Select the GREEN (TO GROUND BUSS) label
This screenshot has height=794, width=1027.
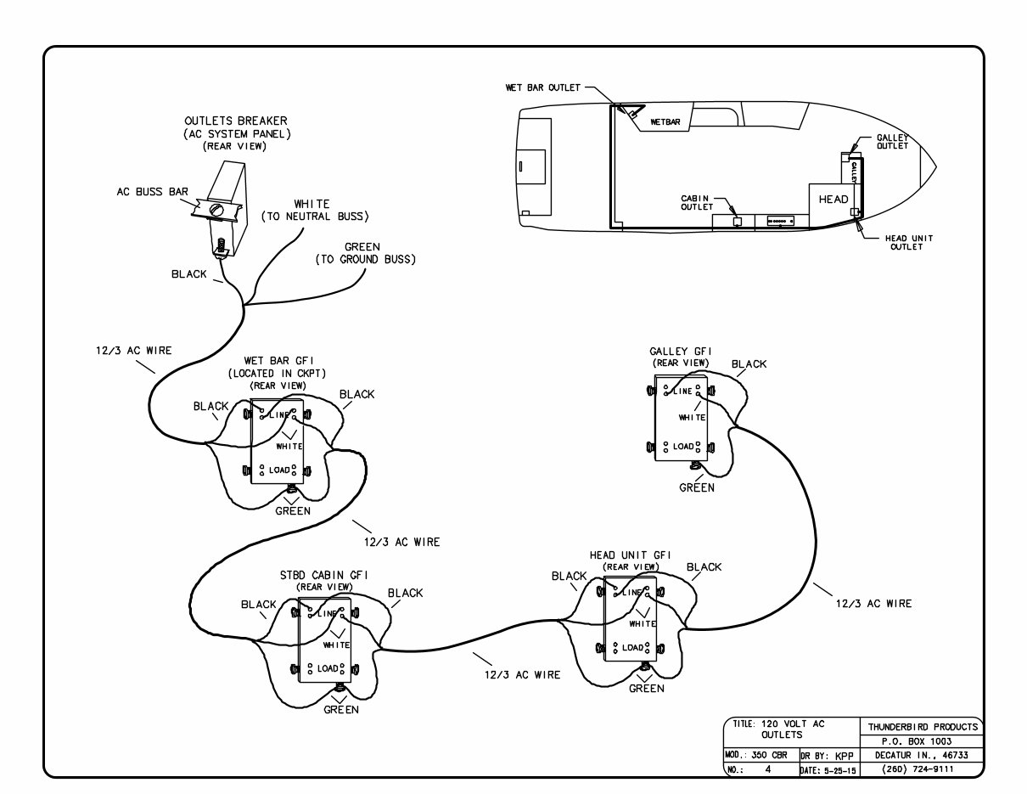click(365, 253)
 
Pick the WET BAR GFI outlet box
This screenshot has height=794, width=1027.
click(277, 442)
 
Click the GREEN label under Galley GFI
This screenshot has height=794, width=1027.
click(697, 487)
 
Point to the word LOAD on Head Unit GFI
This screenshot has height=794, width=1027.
click(632, 647)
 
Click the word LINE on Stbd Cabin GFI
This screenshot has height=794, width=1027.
click(328, 611)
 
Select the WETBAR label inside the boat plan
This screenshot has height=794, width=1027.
click(665, 121)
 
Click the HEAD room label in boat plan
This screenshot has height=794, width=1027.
click(833, 199)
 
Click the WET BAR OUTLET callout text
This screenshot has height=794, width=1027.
click(542, 87)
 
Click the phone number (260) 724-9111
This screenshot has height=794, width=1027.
click(922, 769)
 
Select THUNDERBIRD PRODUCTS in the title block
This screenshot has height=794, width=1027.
click(922, 726)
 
